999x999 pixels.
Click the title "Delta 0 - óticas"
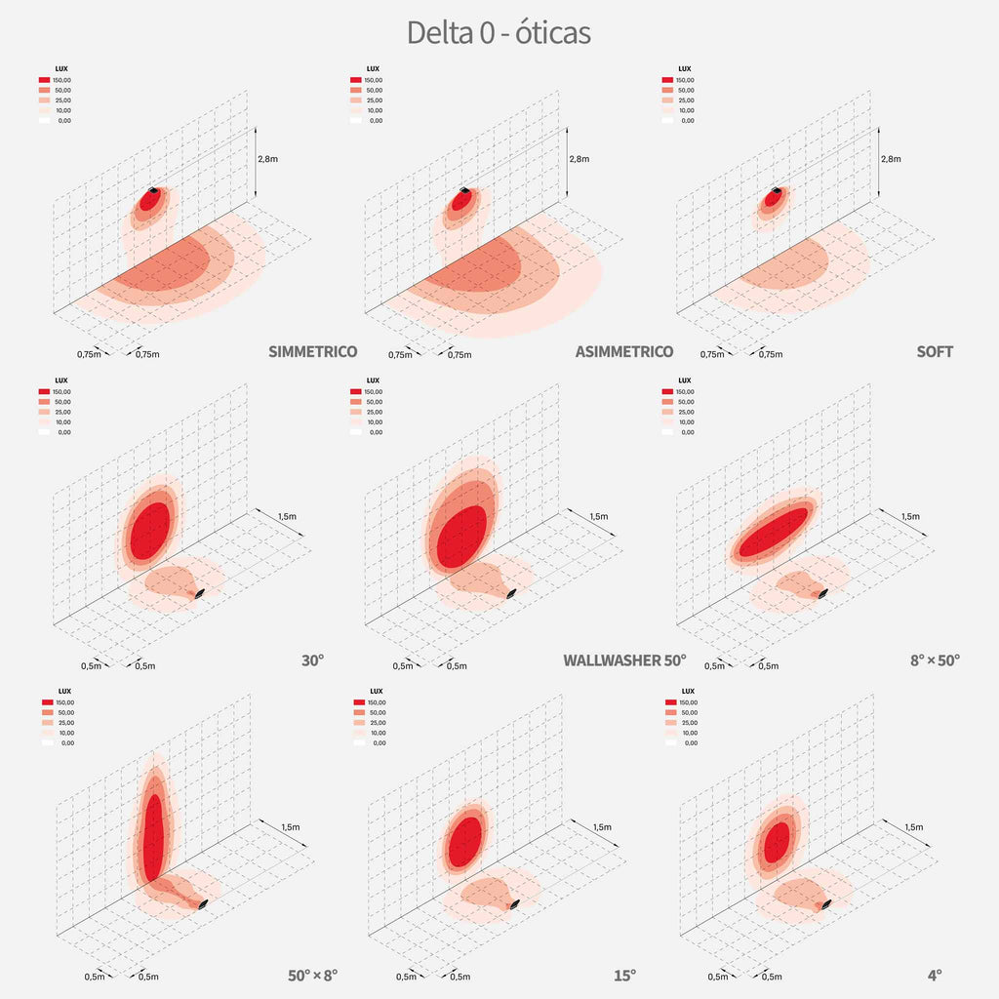click(x=499, y=32)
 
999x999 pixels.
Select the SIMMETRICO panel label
click(x=312, y=351)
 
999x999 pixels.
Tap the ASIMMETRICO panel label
click(x=624, y=351)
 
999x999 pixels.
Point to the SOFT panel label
click(x=935, y=351)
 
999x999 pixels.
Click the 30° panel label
click(x=312, y=660)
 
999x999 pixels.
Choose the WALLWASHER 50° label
click(x=624, y=660)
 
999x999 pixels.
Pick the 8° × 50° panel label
click(x=935, y=660)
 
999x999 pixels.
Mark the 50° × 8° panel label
click(x=312, y=974)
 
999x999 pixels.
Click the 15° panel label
click(x=624, y=974)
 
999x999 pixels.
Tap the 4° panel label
click(x=935, y=974)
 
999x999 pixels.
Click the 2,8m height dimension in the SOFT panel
click(x=891, y=159)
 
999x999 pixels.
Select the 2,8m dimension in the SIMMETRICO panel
click(x=266, y=159)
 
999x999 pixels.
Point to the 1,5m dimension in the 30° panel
click(x=288, y=516)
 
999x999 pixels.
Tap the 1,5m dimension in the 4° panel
click(x=913, y=827)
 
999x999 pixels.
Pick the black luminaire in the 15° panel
click(x=515, y=904)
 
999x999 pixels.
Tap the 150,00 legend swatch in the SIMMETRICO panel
click(x=45, y=80)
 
